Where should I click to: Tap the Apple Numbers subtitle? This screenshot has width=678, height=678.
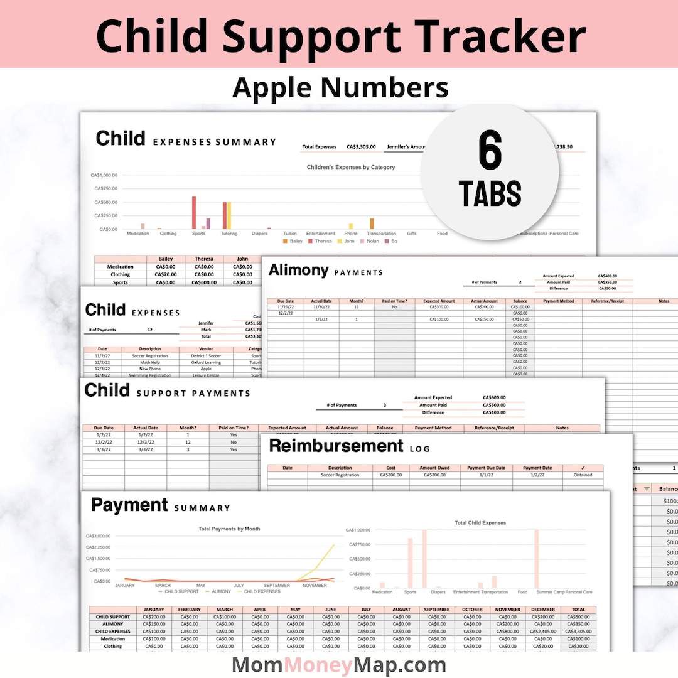340,87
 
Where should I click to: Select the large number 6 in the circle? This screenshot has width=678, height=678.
490,151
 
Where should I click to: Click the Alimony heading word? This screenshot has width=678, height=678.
298,270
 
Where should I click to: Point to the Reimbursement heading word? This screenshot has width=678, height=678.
336,446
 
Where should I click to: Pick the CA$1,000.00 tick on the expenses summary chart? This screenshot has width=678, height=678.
104,175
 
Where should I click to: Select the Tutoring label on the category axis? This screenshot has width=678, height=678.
229,234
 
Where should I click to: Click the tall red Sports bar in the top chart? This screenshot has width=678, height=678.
194,213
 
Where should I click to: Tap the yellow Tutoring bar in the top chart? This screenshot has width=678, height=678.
229,215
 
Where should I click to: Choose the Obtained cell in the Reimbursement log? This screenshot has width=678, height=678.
583,475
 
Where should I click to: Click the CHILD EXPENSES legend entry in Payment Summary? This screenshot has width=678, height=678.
262,591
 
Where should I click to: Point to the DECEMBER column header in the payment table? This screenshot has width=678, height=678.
543,610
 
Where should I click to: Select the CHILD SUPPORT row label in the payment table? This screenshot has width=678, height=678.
113,617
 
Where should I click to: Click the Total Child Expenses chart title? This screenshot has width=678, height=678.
481,522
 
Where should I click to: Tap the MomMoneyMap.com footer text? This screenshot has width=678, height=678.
339,665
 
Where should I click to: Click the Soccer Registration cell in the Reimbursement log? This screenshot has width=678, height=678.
340,475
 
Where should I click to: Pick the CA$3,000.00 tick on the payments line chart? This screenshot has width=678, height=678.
98,536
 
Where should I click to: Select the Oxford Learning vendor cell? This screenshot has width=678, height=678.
206,362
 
